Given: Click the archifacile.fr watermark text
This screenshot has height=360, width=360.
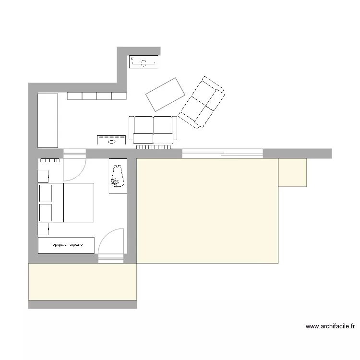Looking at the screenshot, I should pos(330,327).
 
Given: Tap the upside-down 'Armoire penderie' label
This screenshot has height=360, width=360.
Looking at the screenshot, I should pos(67,245).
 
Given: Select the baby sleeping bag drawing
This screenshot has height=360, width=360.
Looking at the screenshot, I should pos(116,176).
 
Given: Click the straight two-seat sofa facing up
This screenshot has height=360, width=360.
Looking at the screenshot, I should pos(153,129).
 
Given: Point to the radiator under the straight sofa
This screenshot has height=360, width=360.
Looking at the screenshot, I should pos(153,147).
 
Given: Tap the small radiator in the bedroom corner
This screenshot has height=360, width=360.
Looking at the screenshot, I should pos(48,160).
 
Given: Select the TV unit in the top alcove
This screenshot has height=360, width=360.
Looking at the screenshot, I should pos(143,62).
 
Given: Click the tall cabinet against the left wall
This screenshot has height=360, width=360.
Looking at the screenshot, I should pos(48,120).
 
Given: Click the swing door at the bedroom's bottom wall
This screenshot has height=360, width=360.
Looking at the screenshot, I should pos(111,242).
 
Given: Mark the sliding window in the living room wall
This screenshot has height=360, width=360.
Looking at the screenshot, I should pos(222,154).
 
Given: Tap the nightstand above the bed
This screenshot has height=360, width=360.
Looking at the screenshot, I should pos(43,176).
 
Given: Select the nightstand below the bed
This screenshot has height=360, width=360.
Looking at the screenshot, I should pos(43,228).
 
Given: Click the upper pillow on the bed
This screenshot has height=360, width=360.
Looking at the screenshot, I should pos(46,192).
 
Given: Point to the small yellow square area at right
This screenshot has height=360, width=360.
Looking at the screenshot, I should pos(292,172).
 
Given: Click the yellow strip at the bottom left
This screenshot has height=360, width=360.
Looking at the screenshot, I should pos(83,282).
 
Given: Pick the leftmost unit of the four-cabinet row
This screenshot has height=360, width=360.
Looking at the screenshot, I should pos(74,96).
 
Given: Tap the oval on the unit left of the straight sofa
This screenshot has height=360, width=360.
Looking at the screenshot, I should pos(112,142).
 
